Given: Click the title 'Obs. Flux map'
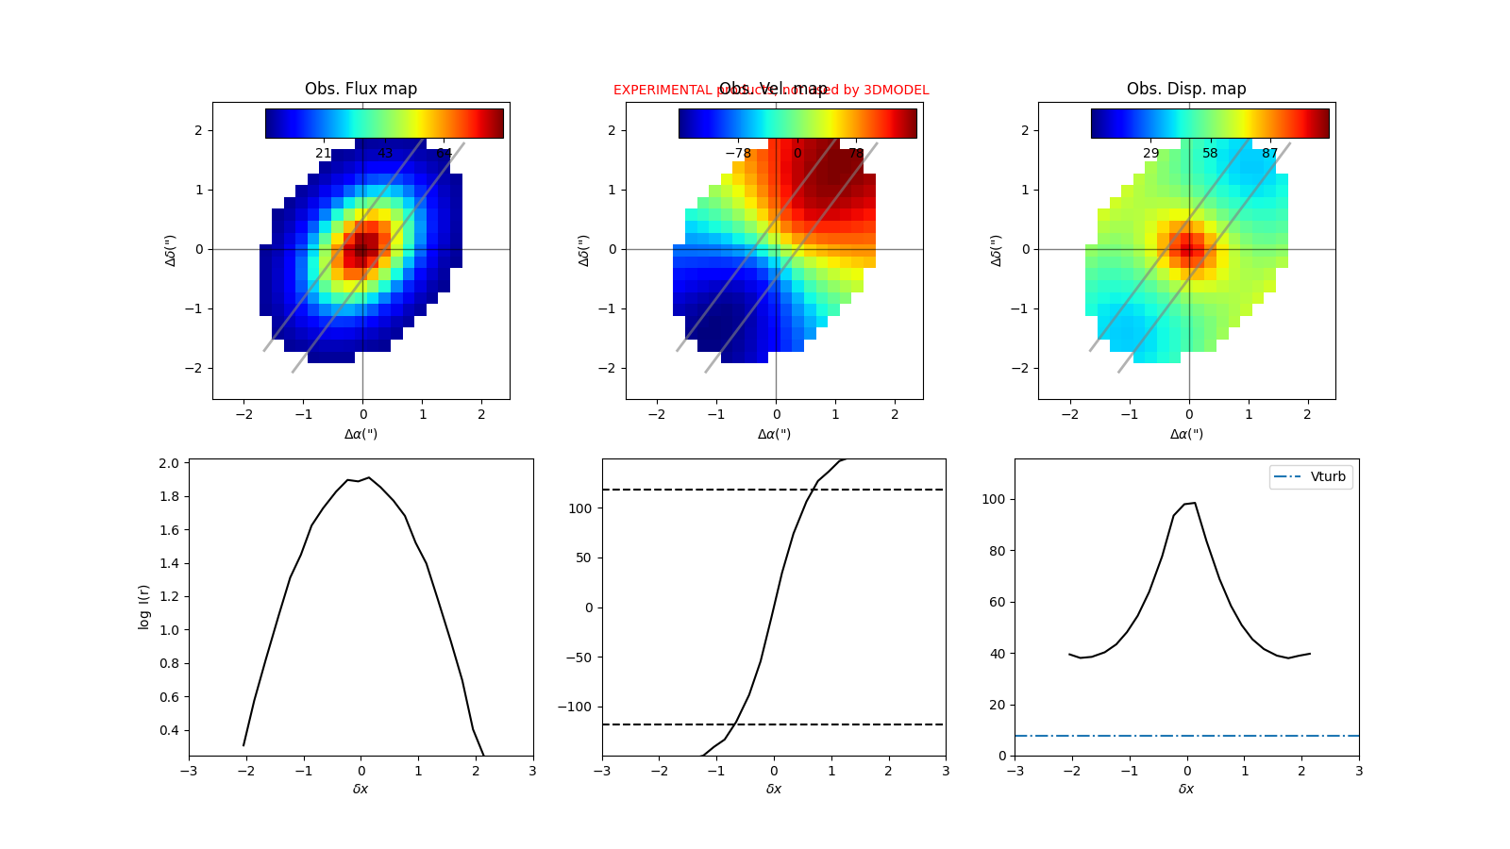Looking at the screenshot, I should (x=361, y=89).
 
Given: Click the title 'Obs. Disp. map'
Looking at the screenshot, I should (x=1186, y=89).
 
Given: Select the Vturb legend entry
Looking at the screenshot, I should (x=1311, y=476).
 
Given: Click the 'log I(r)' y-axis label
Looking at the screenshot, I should (x=144, y=607).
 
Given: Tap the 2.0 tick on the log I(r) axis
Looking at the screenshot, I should (x=169, y=463).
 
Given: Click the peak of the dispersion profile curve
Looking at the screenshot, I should (x=1194, y=503).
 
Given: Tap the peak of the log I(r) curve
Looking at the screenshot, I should (x=368, y=477).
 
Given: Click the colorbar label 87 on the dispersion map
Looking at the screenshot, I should (x=1269, y=153).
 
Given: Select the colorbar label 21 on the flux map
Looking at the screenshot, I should (x=324, y=153).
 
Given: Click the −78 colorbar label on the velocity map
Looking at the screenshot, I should (x=738, y=153).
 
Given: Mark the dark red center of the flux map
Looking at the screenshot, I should (x=362, y=249).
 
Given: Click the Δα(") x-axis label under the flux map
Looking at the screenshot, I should (x=361, y=434).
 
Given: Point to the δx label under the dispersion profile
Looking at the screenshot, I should (x=1186, y=789).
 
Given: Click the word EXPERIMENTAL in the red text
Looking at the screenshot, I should (x=663, y=90).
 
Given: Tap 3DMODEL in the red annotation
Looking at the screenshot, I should (x=896, y=90).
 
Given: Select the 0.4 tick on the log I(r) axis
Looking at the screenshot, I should (x=169, y=730).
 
